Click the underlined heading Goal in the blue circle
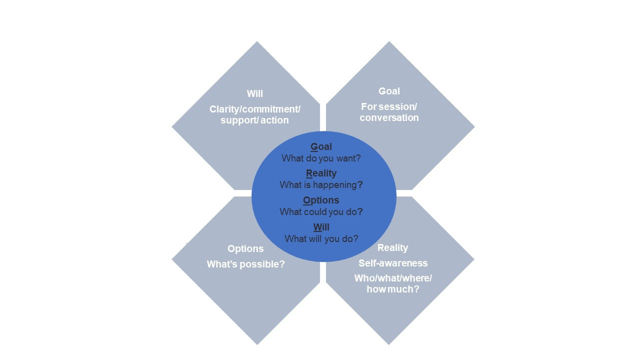click(x=321, y=146)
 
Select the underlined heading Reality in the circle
click(x=321, y=173)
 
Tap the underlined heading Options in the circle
click(x=321, y=200)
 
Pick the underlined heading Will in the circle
click(x=321, y=227)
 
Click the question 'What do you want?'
click(x=321, y=158)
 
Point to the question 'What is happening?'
click(x=321, y=184)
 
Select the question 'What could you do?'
click(x=321, y=211)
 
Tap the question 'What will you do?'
click(x=321, y=238)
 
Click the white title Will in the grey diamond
click(x=254, y=93)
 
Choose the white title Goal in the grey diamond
click(x=389, y=91)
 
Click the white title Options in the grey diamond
click(x=245, y=248)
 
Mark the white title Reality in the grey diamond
click(x=392, y=247)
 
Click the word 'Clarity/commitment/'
click(x=255, y=109)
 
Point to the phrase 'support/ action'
click(x=254, y=120)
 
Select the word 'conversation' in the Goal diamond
click(x=389, y=117)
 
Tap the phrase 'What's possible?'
click(x=245, y=264)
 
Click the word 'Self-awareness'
click(x=393, y=263)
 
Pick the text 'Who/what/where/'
click(x=393, y=278)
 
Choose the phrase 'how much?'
click(x=393, y=289)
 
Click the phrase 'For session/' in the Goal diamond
click(x=389, y=106)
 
